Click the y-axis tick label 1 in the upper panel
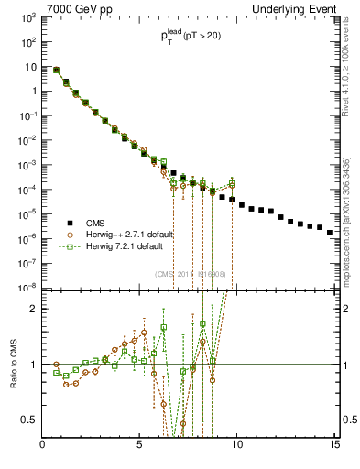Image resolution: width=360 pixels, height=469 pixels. tap(33, 91)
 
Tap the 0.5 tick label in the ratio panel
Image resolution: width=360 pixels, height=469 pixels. tap(30, 420)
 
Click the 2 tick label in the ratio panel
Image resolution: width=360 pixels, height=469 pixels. tap(34, 309)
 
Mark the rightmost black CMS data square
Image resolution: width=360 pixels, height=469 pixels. tap(330, 233)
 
